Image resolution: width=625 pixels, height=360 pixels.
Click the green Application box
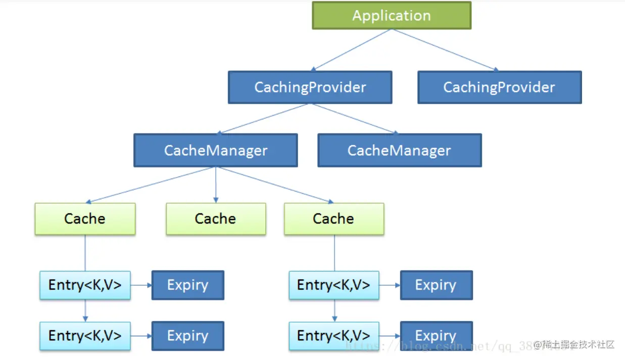(392, 15)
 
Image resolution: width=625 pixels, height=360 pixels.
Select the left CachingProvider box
(310, 87)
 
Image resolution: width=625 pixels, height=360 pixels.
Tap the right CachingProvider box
(499, 87)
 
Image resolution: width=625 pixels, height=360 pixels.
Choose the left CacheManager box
(216, 150)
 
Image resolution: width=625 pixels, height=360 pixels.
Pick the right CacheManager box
(399, 150)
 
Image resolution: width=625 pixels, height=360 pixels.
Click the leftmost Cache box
(85, 219)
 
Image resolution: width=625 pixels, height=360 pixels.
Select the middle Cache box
(216, 219)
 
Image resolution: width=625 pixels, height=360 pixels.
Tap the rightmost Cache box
(333, 219)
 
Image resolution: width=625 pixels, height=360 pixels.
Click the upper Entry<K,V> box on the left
(85, 285)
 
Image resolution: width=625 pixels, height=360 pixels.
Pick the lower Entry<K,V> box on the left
(85, 336)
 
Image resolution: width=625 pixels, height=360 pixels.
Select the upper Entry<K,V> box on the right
(333, 285)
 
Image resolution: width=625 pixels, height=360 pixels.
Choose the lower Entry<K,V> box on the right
(333, 336)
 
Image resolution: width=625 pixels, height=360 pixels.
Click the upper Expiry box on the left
(188, 285)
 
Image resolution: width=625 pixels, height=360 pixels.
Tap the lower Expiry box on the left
(188, 336)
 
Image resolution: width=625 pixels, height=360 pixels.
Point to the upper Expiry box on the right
(436, 285)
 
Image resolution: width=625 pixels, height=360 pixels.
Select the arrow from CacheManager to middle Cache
(216, 185)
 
